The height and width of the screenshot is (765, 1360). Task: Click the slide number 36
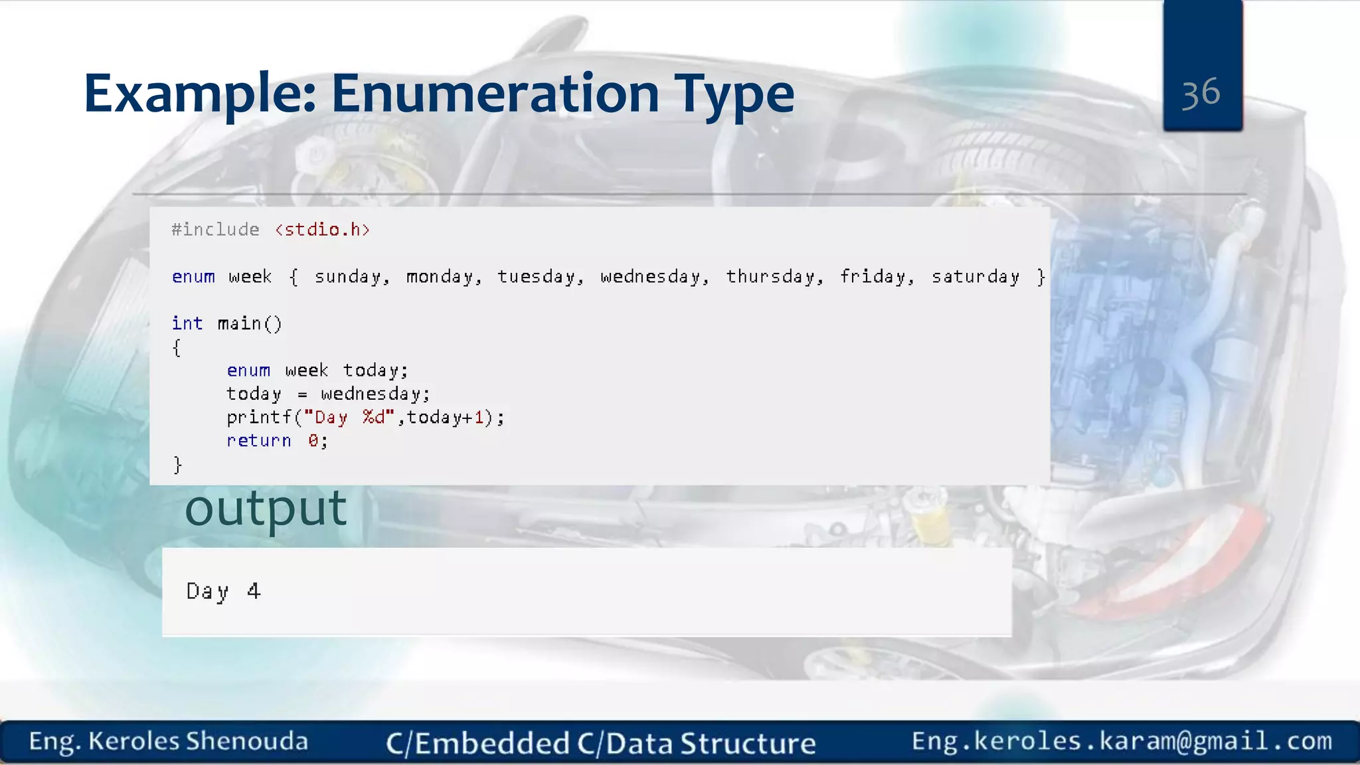(x=1201, y=92)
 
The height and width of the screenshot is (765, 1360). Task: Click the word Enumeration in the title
(x=495, y=94)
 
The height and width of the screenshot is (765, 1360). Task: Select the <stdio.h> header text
(x=322, y=230)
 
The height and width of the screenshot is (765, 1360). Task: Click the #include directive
(x=215, y=230)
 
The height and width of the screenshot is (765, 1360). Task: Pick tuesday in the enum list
(x=540, y=277)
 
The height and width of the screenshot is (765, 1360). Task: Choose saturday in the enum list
(x=975, y=277)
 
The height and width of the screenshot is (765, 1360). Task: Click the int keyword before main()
(x=187, y=323)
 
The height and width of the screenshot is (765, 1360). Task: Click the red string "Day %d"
(x=349, y=418)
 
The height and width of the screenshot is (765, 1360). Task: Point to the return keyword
(x=258, y=441)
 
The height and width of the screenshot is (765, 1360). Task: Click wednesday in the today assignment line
(x=375, y=394)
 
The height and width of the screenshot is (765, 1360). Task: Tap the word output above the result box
(x=266, y=509)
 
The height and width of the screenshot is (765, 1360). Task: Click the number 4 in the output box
(x=254, y=591)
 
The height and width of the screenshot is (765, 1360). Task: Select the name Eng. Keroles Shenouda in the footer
(x=168, y=741)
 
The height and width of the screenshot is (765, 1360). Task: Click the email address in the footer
(x=1122, y=740)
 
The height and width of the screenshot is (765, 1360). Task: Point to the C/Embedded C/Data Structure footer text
(x=601, y=743)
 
